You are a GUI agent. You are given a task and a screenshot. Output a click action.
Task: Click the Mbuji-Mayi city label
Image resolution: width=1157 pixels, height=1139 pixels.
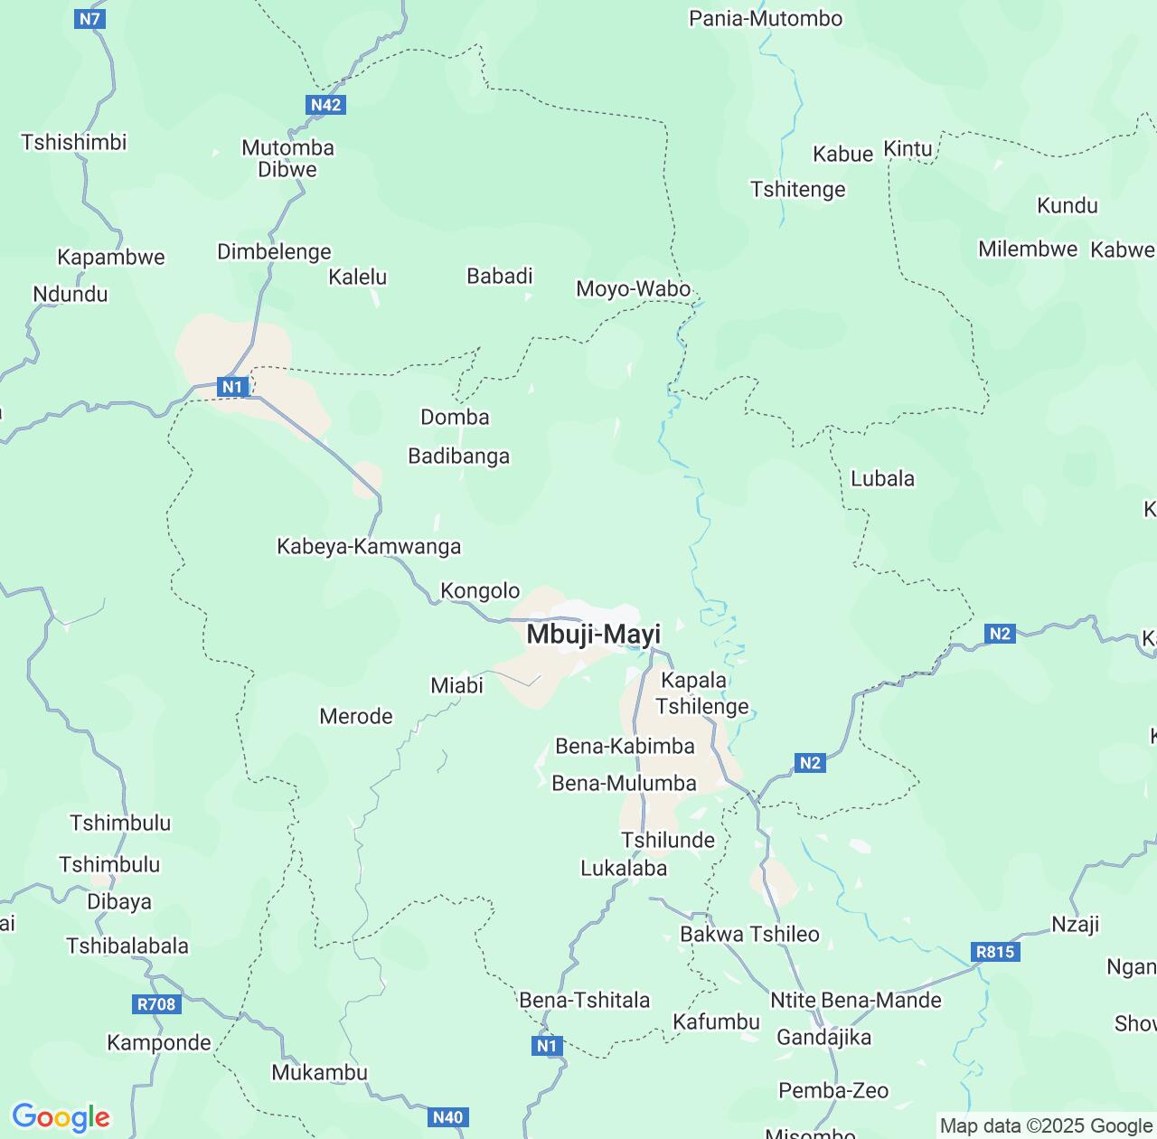[x=593, y=635]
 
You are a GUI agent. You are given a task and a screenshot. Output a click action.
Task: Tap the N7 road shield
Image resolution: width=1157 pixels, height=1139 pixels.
[x=90, y=18]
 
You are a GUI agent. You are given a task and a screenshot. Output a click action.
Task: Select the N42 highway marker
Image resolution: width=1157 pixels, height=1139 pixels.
[x=325, y=105]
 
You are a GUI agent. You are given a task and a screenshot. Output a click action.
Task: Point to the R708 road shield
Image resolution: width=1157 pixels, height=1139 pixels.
[x=156, y=1003]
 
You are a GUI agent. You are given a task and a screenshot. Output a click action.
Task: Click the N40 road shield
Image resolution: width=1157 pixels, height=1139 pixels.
[x=447, y=1117]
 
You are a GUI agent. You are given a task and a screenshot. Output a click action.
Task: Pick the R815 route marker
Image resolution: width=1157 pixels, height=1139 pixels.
[x=995, y=952]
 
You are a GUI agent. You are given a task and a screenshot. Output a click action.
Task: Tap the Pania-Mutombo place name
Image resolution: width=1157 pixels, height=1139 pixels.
[x=766, y=18]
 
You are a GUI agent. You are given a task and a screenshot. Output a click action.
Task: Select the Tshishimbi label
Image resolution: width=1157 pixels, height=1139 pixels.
[x=74, y=142]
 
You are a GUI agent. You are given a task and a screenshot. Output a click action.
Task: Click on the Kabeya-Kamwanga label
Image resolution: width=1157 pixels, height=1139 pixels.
[x=369, y=546]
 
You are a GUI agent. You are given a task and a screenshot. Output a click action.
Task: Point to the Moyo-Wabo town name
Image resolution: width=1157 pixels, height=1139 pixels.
[x=634, y=289]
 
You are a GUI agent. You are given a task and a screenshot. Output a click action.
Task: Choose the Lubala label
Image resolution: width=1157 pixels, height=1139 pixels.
[x=882, y=478]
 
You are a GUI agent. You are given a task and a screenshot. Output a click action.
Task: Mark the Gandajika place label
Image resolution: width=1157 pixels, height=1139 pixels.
[x=823, y=1037]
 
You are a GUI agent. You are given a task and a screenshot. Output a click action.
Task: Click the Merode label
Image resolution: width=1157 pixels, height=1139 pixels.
[x=356, y=716]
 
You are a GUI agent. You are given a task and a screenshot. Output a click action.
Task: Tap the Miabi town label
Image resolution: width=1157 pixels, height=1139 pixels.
[x=456, y=685]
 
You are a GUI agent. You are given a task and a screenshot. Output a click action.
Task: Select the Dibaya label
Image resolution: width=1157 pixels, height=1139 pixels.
[x=119, y=901]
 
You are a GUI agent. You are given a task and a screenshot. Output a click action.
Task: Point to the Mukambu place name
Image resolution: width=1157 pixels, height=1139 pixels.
[x=319, y=1072]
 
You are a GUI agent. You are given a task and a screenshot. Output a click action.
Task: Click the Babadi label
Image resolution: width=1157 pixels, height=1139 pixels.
[x=500, y=276]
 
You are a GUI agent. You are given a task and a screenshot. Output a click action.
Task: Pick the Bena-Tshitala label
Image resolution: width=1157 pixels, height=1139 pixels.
[x=585, y=1000]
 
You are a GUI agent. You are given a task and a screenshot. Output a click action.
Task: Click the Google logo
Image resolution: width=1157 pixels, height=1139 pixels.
[x=61, y=1117]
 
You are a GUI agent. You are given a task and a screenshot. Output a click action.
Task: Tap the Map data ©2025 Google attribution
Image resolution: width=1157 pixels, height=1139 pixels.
[x=1046, y=1125]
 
